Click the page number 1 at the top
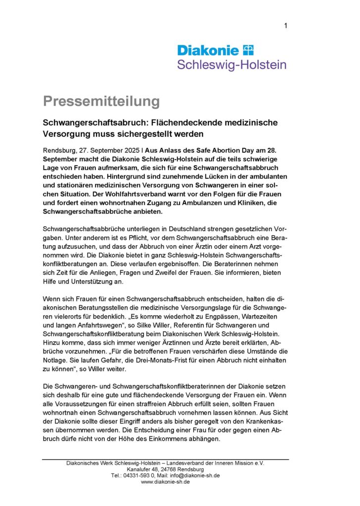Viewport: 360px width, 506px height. (x=286, y=26)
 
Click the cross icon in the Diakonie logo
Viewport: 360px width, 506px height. (x=248, y=50)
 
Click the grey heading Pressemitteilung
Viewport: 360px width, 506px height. (x=101, y=101)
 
